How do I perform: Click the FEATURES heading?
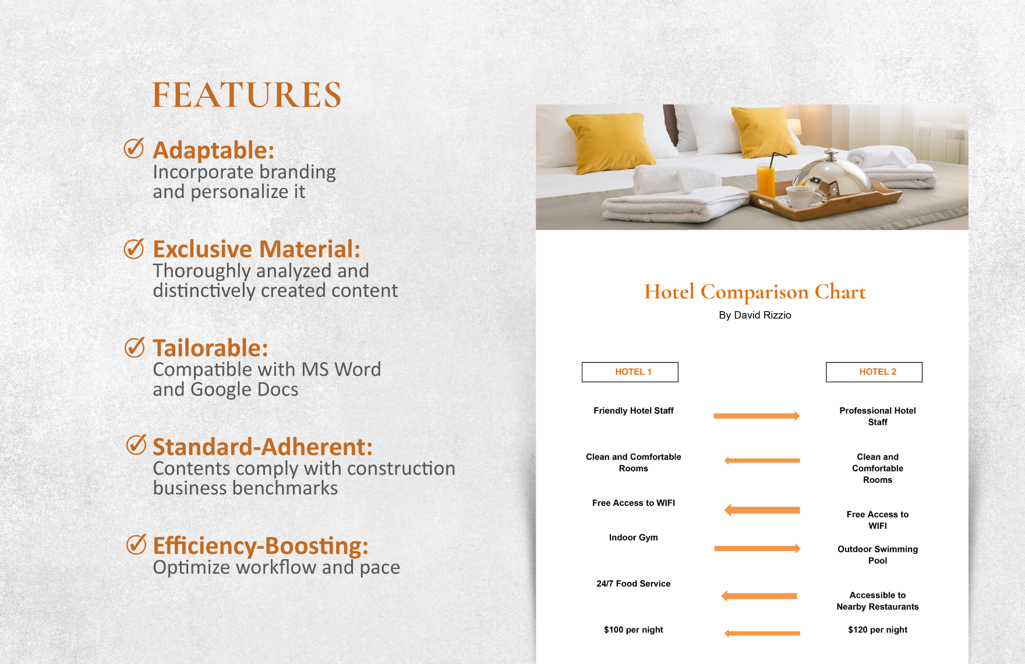click(246, 95)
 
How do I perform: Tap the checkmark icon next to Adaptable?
click(134, 149)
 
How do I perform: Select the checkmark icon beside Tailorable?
click(135, 347)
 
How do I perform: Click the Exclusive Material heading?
click(256, 249)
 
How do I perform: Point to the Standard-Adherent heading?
click(262, 447)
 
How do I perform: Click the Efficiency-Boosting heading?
click(260, 546)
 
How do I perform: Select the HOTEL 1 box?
click(630, 372)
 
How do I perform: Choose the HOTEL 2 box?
click(874, 372)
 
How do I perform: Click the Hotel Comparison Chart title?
click(755, 292)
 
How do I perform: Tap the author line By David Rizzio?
click(755, 315)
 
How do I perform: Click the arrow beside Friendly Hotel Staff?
click(757, 416)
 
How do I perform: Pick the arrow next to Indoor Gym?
click(757, 548)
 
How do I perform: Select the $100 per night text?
click(633, 630)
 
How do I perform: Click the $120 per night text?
click(877, 630)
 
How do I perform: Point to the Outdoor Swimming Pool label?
click(877, 554)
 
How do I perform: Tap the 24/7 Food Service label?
click(633, 584)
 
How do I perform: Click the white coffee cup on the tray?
click(802, 196)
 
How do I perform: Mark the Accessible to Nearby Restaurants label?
click(877, 601)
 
